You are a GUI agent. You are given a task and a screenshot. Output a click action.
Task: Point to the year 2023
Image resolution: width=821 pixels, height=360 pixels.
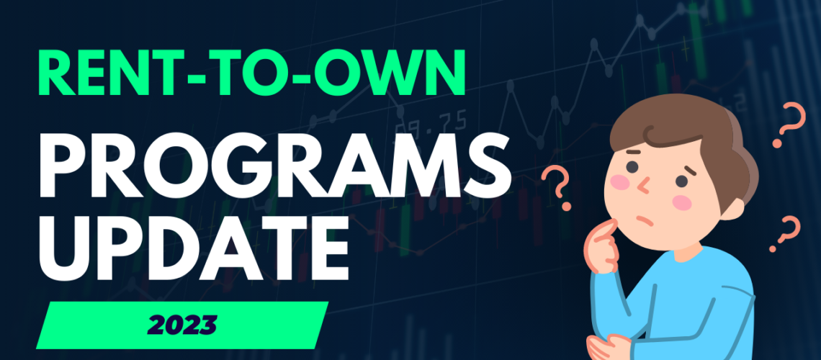pos(182,325)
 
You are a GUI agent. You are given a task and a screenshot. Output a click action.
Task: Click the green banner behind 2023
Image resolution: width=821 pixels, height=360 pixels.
pos(182,325)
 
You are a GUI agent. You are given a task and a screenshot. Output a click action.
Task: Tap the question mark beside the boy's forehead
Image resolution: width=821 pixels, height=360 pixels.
pos(557,187)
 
